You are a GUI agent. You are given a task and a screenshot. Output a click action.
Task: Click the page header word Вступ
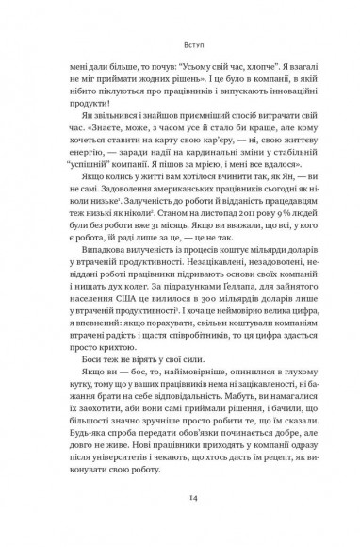coord(179,42)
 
